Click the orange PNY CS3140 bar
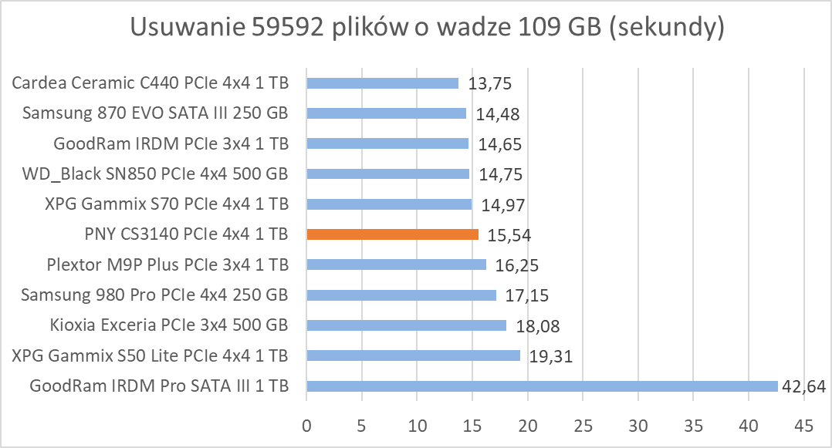[x=392, y=234]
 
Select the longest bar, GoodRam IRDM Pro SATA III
[x=542, y=386]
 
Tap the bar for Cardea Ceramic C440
[x=382, y=83]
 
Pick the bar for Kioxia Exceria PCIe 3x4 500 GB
[x=406, y=325]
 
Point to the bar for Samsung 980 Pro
[x=401, y=295]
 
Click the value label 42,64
[x=804, y=386]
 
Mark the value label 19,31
[x=550, y=356]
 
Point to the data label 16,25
[x=518, y=266]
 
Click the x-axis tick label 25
[x=583, y=426]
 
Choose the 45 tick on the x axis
[x=804, y=426]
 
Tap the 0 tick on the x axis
[x=306, y=426]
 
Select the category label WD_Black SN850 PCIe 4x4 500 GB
[x=155, y=173]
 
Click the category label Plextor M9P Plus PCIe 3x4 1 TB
[x=167, y=264]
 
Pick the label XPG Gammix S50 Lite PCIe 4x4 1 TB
[x=150, y=355]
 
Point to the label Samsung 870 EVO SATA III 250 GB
[x=155, y=113]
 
